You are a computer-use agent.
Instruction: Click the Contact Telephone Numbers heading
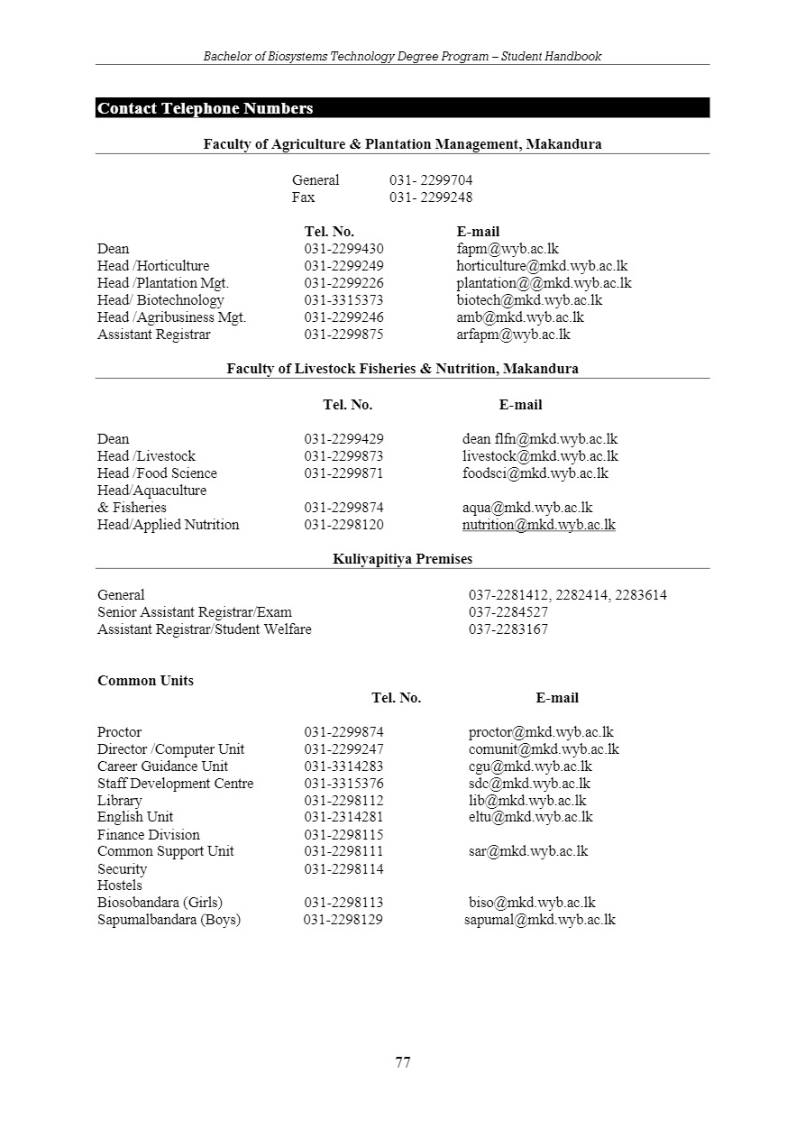[x=206, y=108]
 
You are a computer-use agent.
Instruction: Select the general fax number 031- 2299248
[x=431, y=197]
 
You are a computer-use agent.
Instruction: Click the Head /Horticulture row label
[x=153, y=266]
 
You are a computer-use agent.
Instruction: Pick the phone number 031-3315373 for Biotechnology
[x=343, y=300]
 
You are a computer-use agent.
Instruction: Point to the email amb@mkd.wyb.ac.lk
[x=520, y=317]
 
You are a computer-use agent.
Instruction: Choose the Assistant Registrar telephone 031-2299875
[x=343, y=335]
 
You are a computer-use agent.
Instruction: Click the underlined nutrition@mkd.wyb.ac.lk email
[x=539, y=525]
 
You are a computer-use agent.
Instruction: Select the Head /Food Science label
[x=157, y=473]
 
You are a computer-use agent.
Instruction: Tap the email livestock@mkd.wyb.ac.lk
[x=540, y=456]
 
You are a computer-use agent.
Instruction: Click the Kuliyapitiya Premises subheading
[x=402, y=559]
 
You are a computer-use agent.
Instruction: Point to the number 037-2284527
[x=508, y=612]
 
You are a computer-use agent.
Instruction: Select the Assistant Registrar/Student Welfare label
[x=205, y=629]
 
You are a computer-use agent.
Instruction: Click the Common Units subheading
[x=145, y=681]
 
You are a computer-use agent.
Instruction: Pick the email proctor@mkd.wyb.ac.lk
[x=541, y=732]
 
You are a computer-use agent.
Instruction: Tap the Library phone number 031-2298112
[x=343, y=801]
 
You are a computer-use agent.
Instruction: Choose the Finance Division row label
[x=149, y=835]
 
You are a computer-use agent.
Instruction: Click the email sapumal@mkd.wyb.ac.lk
[x=540, y=920]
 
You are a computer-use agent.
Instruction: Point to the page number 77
[x=403, y=1062]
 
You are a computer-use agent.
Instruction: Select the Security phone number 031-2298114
[x=343, y=869]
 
